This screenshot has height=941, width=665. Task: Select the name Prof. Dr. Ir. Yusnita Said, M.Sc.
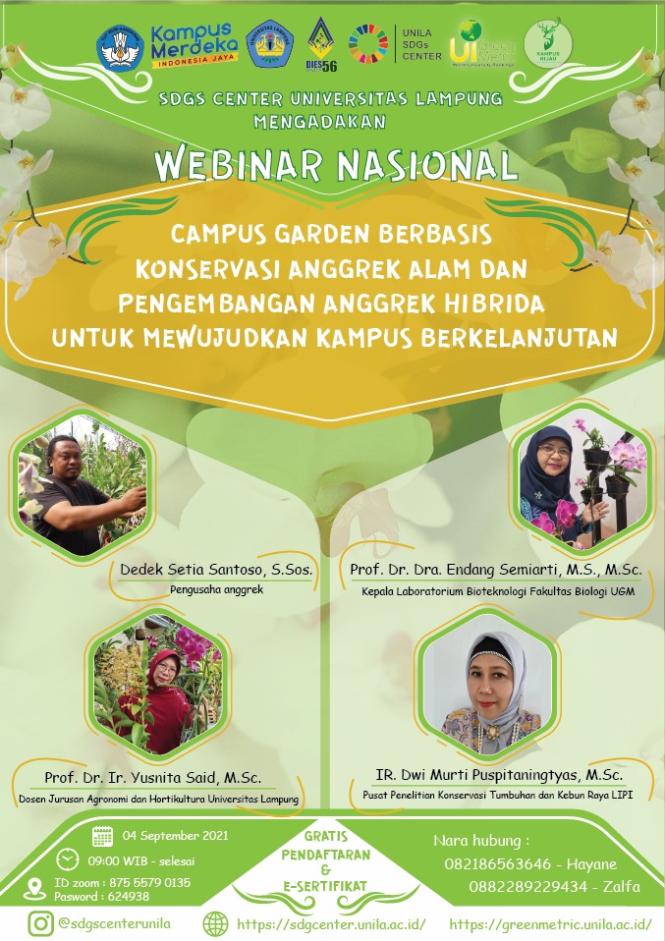(152, 779)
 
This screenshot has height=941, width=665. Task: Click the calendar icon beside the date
(102, 837)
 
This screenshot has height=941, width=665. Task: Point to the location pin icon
(33, 888)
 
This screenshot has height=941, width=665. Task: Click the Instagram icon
(40, 923)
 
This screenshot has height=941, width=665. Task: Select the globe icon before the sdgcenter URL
(215, 923)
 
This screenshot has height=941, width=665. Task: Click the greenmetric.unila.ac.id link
(550, 924)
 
